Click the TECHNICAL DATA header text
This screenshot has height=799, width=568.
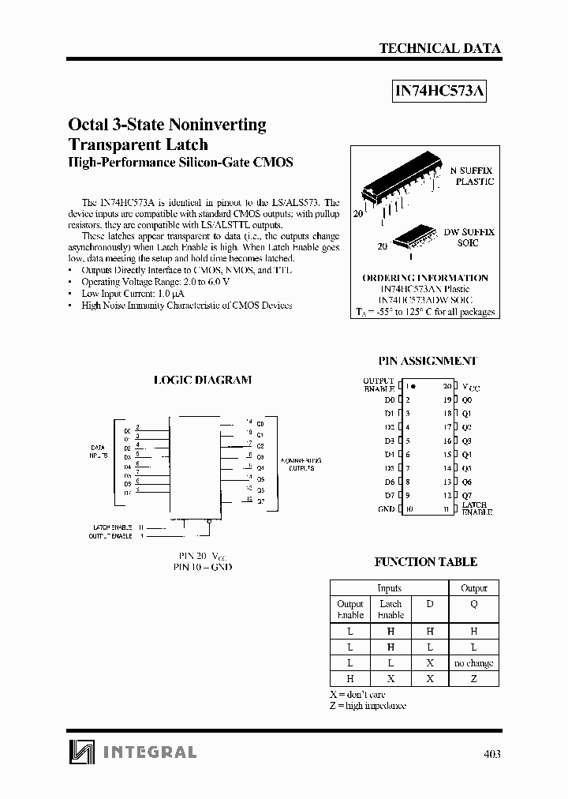439,48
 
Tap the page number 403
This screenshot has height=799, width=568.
491,753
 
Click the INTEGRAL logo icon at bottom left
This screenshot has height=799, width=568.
80,752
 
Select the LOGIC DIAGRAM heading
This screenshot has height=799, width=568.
202,380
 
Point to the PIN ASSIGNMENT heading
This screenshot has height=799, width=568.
427,361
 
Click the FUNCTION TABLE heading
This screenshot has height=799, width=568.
425,562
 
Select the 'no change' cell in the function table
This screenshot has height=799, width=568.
473,663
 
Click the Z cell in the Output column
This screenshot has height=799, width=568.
473,679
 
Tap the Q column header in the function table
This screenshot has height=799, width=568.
473,604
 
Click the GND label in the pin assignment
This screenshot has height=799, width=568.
386,510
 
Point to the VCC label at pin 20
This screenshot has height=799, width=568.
470,387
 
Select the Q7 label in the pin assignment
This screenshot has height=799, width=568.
467,496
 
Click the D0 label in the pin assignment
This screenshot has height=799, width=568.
388,399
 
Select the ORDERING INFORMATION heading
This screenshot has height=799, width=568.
424,278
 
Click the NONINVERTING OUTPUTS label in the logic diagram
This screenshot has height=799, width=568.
301,463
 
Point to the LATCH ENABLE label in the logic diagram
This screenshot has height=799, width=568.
113,527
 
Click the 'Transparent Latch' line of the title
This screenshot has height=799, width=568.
139,144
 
